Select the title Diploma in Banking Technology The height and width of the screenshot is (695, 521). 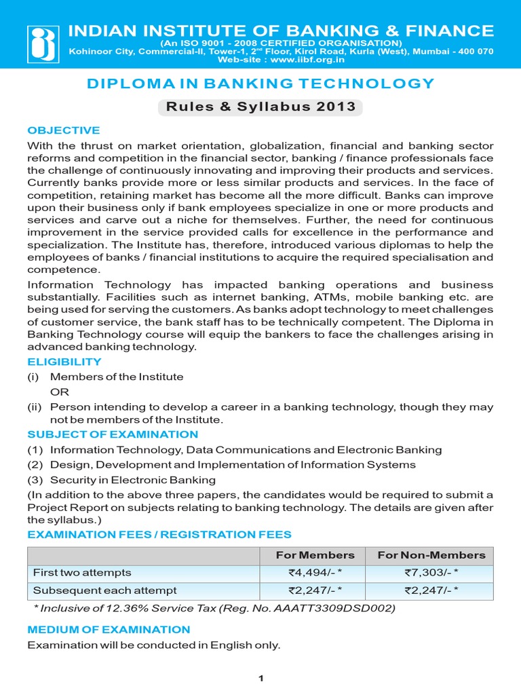point(260,83)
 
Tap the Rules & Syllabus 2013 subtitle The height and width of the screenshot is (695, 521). point(260,107)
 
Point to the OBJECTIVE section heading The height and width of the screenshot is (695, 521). point(63,130)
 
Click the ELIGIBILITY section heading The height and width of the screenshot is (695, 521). point(64,362)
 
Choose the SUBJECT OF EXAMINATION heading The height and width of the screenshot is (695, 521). point(113,434)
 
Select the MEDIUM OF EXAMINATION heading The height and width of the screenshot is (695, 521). point(109,630)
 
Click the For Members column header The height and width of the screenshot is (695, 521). point(315,555)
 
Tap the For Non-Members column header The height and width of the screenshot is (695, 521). point(431,555)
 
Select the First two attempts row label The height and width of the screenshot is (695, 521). point(82,573)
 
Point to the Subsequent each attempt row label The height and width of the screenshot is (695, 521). point(104,590)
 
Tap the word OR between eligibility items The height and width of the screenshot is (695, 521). point(60,392)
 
